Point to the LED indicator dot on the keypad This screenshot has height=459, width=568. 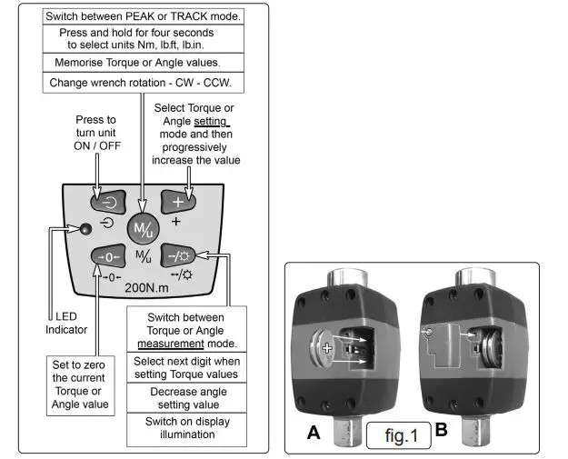point(84,228)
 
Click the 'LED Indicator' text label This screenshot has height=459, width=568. point(66,323)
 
